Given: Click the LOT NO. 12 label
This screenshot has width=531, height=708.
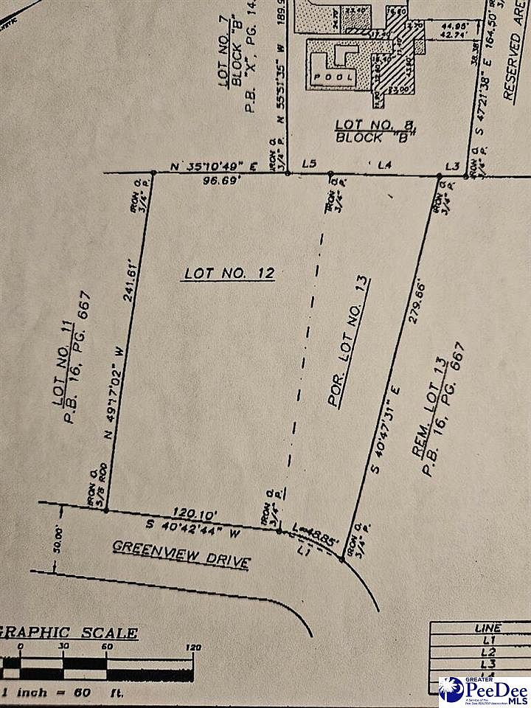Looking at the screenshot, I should pyautogui.click(x=229, y=274).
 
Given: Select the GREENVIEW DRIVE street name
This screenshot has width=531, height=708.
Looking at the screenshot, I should pyautogui.click(x=181, y=555).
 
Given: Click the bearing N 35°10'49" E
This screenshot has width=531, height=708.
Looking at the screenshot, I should pyautogui.click(x=212, y=166).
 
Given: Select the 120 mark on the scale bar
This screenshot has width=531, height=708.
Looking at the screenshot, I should pyautogui.click(x=194, y=648).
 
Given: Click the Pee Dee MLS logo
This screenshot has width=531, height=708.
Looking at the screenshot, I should pyautogui.click(x=483, y=690).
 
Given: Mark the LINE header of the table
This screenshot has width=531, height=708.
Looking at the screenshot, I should pyautogui.click(x=487, y=628).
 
